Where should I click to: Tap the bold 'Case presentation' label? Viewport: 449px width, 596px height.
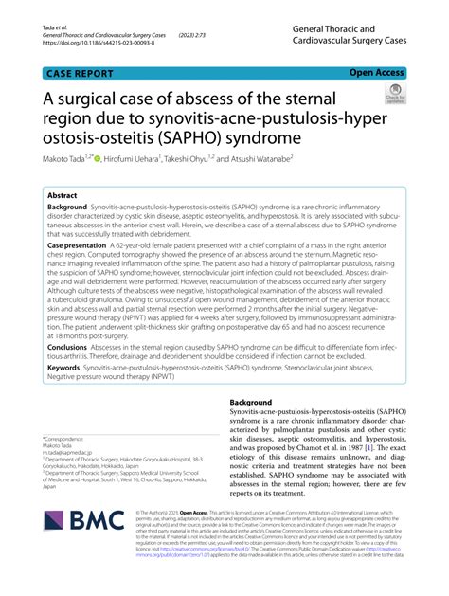pyautogui.click(x=82, y=244)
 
